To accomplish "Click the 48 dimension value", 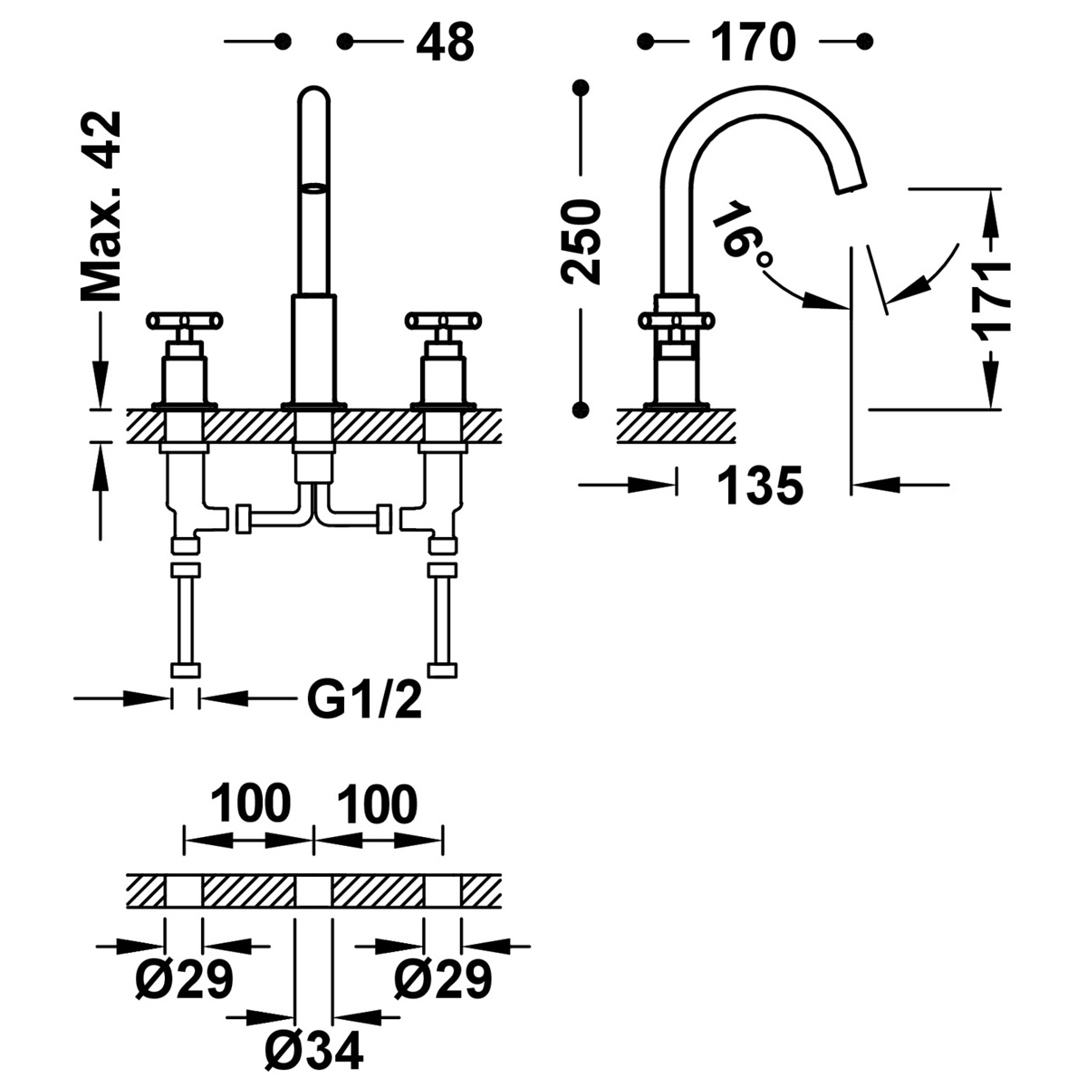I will point(445,42).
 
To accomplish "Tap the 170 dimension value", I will point(753,42).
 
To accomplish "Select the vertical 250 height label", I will point(581,242).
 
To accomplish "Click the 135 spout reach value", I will point(760,486).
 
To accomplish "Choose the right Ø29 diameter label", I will point(443,979).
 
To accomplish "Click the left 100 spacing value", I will point(251,804).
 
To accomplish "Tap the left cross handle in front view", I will point(185,320).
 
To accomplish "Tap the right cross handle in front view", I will point(444,320).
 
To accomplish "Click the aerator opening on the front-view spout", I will point(313,188).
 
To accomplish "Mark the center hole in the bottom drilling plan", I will point(313,891).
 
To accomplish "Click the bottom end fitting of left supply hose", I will point(185,670).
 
